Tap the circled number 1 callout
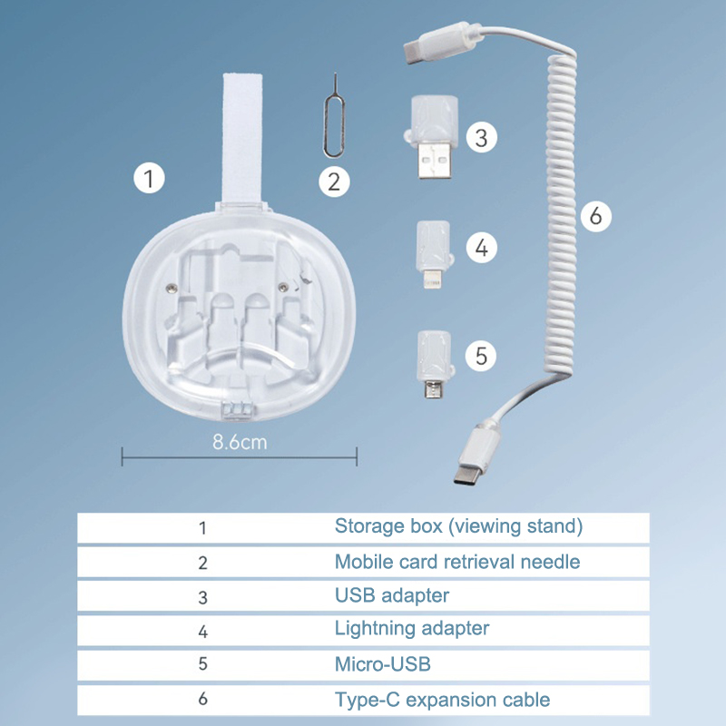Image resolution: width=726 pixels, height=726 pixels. pyautogui.click(x=149, y=178)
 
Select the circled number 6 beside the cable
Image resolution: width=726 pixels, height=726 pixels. pyautogui.click(x=596, y=216)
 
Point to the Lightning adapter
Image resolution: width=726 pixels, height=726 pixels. pyautogui.click(x=434, y=254)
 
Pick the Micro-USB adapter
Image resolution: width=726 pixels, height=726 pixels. pyautogui.click(x=435, y=365)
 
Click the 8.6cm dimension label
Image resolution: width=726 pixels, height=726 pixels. pyautogui.click(x=240, y=442)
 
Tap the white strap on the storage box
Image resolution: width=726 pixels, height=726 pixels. pyautogui.click(x=242, y=138)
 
